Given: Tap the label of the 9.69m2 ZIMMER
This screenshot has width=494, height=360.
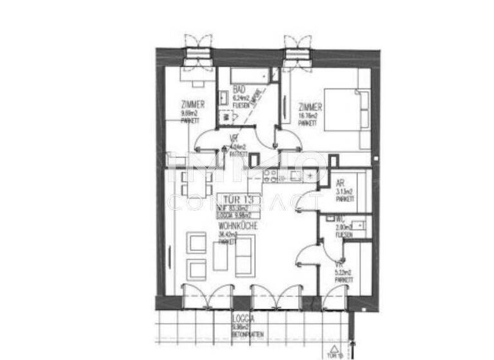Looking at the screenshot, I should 193,105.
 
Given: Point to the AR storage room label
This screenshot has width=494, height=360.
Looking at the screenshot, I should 340,183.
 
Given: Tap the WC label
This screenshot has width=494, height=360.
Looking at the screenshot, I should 339,219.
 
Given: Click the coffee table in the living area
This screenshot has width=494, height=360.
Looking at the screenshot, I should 220,256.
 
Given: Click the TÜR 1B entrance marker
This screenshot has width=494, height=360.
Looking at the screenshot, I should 333,354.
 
